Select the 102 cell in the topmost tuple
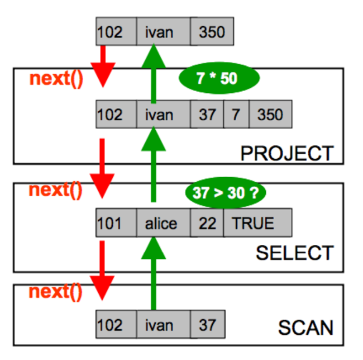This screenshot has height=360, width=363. pyautogui.click(x=116, y=32)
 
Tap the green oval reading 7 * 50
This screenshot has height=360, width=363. pyautogui.click(x=216, y=78)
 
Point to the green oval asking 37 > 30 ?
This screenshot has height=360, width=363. pyautogui.click(x=225, y=193)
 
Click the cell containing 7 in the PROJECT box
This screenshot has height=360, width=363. pyautogui.click(x=236, y=115)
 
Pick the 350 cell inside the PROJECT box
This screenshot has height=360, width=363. pyautogui.click(x=270, y=115)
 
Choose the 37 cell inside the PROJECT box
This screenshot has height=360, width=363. pyautogui.click(x=207, y=115)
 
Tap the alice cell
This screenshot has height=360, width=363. pyautogui.click(x=161, y=224)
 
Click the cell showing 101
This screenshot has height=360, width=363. pyautogui.click(x=116, y=224)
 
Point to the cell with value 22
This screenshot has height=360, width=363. pyautogui.click(x=207, y=224)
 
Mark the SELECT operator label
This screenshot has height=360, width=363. pyautogui.click(x=294, y=253)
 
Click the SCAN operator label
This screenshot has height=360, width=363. pyautogui.click(x=306, y=327)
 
